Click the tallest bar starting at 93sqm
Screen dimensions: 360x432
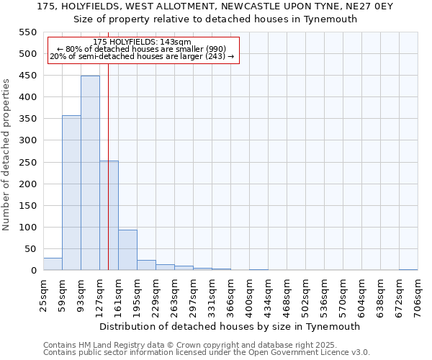point(90,173)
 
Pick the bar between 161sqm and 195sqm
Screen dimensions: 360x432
point(127,250)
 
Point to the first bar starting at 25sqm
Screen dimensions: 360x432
point(53,264)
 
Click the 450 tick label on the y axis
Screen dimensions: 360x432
point(27,76)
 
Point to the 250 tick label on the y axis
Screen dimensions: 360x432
point(27,162)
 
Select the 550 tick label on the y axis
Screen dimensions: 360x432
point(27,32)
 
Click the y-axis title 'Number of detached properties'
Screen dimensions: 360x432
point(7,155)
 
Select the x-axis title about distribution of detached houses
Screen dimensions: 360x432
point(230,326)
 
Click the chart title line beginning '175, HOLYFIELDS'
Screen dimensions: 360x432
point(215,6)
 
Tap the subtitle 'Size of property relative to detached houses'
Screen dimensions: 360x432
point(215,19)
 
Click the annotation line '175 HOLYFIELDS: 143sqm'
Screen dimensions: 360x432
point(142,42)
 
